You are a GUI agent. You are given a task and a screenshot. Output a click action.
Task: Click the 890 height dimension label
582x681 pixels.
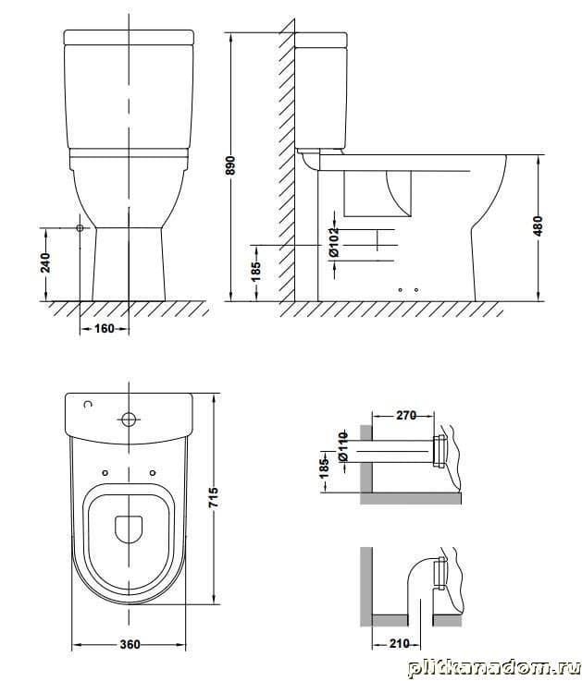[x=230, y=165]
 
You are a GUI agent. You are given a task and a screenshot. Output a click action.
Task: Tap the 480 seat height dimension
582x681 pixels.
[x=539, y=225]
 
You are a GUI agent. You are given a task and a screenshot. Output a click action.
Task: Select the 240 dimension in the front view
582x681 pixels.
[x=45, y=262]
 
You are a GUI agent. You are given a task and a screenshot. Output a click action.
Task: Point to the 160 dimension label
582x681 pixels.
[x=105, y=328]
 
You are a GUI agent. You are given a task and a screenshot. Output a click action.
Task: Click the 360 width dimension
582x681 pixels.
[x=130, y=644]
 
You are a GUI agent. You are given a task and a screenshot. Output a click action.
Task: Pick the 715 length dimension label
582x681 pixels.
[x=214, y=498]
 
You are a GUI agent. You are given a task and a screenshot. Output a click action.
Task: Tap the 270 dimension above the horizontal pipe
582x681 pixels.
[x=406, y=416]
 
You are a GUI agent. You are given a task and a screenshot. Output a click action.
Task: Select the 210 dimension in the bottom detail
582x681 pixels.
[x=400, y=643]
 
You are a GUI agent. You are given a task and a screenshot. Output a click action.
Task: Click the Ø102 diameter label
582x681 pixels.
[x=334, y=242]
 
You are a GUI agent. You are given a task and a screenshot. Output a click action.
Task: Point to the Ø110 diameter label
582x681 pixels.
[x=342, y=446]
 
